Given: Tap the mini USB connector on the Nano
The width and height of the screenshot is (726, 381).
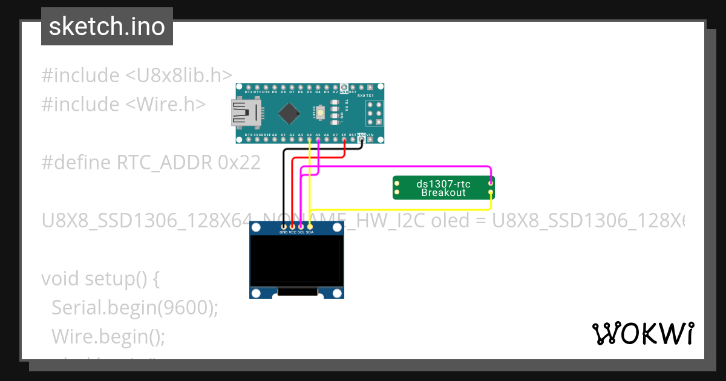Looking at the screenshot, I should (x=246, y=112).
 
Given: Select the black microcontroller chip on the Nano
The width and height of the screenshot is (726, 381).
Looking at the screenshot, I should (x=290, y=112).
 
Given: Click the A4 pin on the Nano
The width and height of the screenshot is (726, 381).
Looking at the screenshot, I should (x=309, y=140).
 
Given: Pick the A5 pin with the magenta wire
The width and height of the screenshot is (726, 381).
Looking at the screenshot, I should (x=318, y=140).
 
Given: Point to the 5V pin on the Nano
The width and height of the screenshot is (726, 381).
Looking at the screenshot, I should (x=344, y=140).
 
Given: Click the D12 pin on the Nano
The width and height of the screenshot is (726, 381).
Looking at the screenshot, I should (x=248, y=87).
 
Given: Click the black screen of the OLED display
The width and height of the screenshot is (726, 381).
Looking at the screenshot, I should (x=296, y=261).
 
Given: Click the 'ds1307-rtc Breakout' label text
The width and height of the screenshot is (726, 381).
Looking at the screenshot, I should (x=443, y=187).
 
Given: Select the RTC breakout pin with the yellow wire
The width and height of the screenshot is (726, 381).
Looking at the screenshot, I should (x=491, y=192).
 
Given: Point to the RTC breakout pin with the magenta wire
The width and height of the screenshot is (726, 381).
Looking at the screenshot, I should (x=491, y=182).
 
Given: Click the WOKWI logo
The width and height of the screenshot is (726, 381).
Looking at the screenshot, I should (x=643, y=333).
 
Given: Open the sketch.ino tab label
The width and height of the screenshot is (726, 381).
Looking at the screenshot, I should (x=107, y=27).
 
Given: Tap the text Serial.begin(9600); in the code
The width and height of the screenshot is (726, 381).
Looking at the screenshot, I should (x=134, y=307).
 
